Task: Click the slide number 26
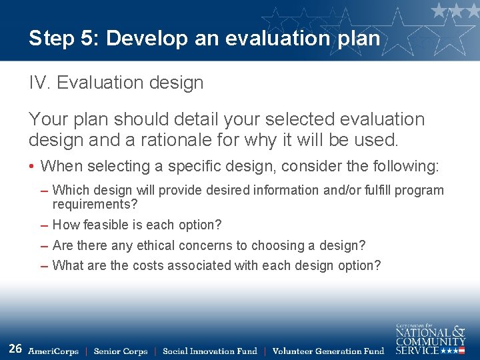tap(15, 348)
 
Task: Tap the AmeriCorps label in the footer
tap(53, 351)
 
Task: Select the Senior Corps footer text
tap(120, 351)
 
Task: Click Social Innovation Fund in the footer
tap(209, 351)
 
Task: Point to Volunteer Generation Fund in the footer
tap(328, 351)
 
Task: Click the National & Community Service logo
tap(430, 339)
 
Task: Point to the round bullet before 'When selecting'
tap(32, 165)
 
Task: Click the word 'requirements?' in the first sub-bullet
tap(95, 204)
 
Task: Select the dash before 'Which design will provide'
tap(44, 191)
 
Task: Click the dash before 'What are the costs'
tap(44, 266)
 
